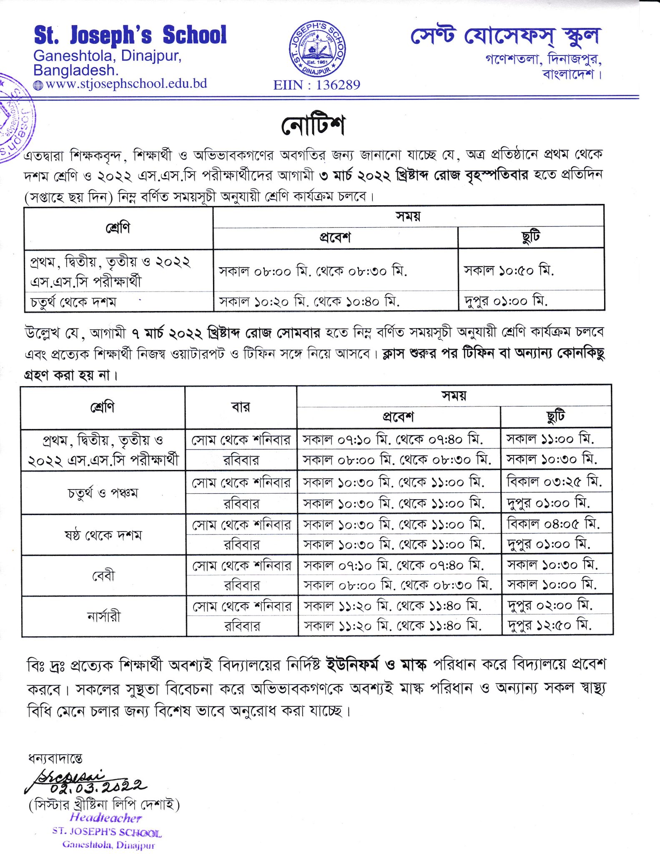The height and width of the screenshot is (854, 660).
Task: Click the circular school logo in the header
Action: [317, 49]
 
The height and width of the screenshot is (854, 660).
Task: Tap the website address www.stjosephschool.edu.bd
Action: [126, 84]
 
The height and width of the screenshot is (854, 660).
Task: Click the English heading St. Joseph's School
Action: [130, 35]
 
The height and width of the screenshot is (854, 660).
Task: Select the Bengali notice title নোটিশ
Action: [313, 125]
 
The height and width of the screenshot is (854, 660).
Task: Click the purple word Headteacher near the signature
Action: [106, 818]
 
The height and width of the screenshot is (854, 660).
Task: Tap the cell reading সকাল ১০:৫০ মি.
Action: [509, 271]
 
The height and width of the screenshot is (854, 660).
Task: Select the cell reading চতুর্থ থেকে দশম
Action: [73, 301]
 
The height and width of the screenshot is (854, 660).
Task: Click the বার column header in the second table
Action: [241, 407]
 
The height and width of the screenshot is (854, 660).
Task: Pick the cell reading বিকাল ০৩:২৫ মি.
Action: [554, 482]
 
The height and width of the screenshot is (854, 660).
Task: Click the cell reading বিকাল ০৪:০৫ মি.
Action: [553, 523]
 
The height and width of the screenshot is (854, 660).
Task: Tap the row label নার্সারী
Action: [104, 616]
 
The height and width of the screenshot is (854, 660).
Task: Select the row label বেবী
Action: [103, 575]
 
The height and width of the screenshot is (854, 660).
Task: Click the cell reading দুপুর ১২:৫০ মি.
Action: [549, 625]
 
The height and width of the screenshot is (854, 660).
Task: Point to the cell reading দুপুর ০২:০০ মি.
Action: [550, 605]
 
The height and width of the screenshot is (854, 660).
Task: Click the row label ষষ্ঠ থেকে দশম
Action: [103, 535]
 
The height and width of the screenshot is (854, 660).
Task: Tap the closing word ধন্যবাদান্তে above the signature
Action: [55, 758]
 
